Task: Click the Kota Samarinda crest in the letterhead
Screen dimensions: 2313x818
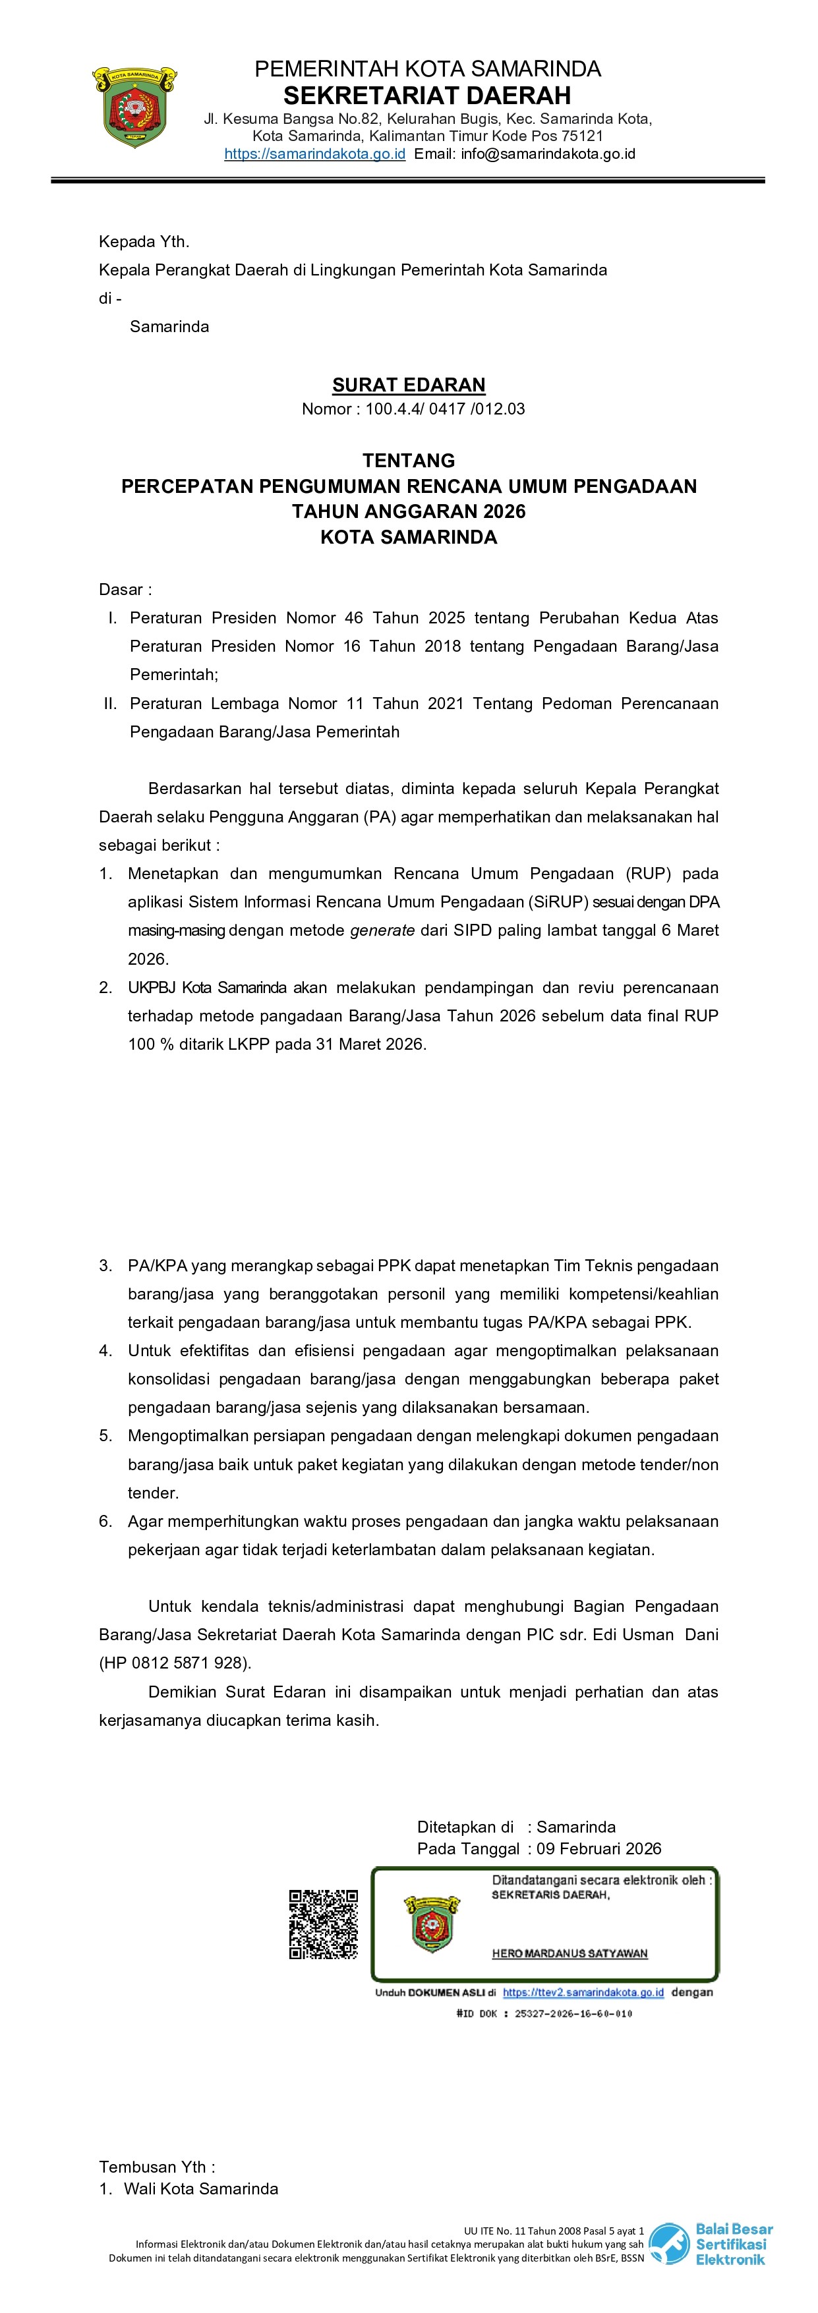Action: pyautogui.click(x=134, y=106)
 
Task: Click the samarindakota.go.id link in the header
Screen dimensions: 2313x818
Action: pyautogui.click(x=314, y=154)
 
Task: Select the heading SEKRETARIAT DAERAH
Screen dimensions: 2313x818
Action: pyautogui.click(x=427, y=95)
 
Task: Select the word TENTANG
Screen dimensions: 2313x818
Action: pyautogui.click(x=409, y=461)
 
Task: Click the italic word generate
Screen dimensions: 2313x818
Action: pyautogui.click(x=382, y=930)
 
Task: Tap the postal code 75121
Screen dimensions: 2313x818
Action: pyautogui.click(x=582, y=136)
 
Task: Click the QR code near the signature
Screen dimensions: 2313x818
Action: pyautogui.click(x=323, y=1924)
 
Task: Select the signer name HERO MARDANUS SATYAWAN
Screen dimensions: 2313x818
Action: pyautogui.click(x=570, y=1954)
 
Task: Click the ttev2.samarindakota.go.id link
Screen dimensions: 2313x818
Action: pyautogui.click(x=583, y=1993)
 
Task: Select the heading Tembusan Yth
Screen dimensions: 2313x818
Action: pyautogui.click(x=157, y=2167)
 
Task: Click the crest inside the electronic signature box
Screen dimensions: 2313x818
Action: pyautogui.click(x=431, y=1924)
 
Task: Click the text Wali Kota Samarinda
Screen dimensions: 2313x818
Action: pyautogui.click(x=201, y=2189)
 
